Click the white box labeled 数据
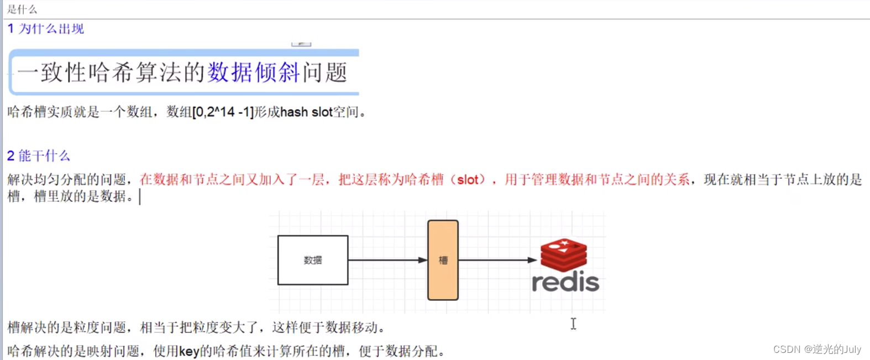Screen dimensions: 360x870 [x=313, y=260]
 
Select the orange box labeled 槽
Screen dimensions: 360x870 [x=443, y=260]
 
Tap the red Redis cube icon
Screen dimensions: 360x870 [x=563, y=254]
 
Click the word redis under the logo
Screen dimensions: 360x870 [x=565, y=282]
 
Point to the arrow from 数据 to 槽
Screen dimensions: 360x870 [x=387, y=260]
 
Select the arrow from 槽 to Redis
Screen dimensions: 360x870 [x=497, y=260]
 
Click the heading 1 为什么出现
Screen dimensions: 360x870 [x=46, y=29]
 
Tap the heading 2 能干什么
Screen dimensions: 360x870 [x=39, y=156]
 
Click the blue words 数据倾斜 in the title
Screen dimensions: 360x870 [x=254, y=72]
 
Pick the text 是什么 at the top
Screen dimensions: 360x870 [x=22, y=9]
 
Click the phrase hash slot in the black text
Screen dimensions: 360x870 [x=306, y=112]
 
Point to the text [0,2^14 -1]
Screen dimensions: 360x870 [x=223, y=112]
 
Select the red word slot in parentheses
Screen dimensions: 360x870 [x=468, y=180]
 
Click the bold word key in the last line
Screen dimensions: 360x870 [x=189, y=351]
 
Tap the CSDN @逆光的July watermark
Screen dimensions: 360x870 [x=817, y=349]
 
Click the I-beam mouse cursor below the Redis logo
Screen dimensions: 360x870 [x=573, y=324]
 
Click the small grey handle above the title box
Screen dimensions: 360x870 [x=301, y=44]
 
